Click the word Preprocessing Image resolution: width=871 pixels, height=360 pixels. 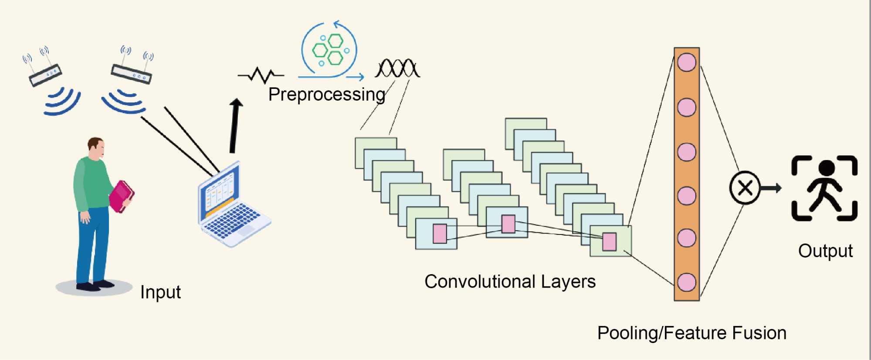click(x=326, y=95)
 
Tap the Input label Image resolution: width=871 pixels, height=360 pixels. click(x=160, y=292)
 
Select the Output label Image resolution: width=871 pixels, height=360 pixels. click(x=825, y=251)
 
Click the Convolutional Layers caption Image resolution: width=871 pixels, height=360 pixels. click(x=510, y=282)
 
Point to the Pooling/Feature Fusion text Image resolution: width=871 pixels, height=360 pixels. click(x=691, y=333)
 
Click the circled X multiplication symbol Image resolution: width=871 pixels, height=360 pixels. click(x=745, y=188)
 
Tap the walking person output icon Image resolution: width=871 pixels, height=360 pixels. click(x=824, y=188)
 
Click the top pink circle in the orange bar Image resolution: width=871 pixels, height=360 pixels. click(x=687, y=63)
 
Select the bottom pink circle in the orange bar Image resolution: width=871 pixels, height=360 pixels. click(x=687, y=282)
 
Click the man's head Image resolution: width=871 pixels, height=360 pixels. click(x=96, y=148)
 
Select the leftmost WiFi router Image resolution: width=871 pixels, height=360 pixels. click(x=45, y=74)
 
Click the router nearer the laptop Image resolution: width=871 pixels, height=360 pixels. click(x=131, y=73)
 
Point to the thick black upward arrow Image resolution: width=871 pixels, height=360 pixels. click(x=235, y=126)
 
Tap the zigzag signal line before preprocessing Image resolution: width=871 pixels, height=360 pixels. click(x=261, y=75)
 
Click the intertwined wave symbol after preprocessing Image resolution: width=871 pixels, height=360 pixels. click(x=397, y=68)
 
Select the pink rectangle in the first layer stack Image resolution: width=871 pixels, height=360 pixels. click(x=440, y=234)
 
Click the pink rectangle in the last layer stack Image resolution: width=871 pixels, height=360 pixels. click(x=609, y=242)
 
